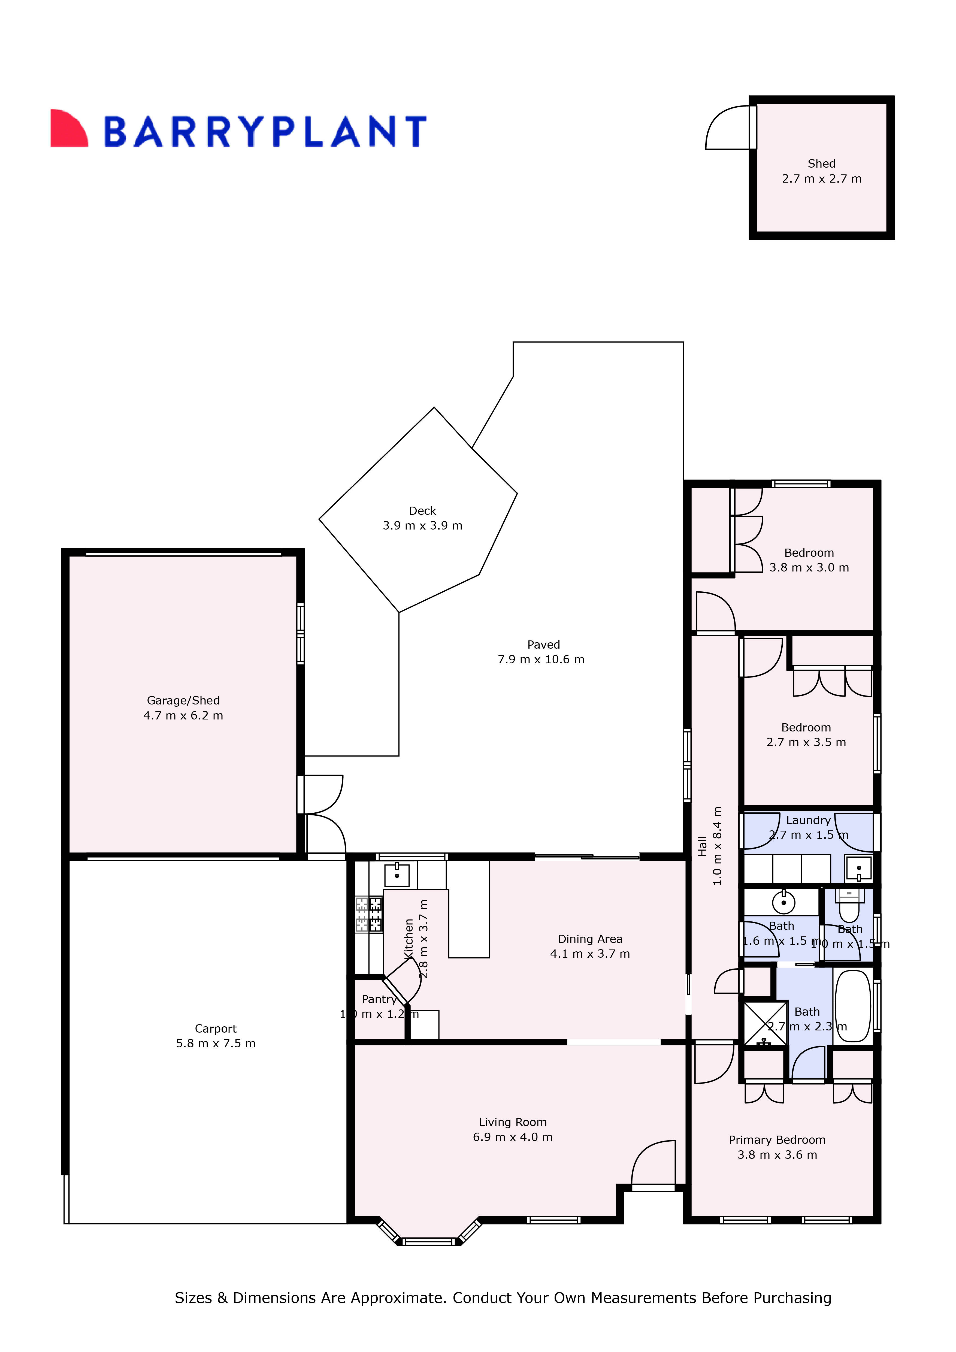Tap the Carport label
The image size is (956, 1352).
coord(216,1029)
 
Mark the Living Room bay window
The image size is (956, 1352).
coord(429,1239)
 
